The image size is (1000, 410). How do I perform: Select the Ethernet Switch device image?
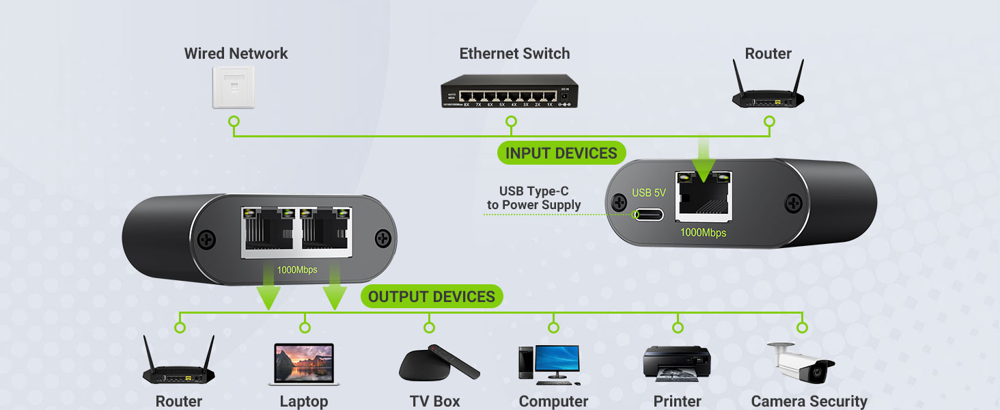click(509, 92)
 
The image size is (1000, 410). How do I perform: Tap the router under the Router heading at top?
click(768, 90)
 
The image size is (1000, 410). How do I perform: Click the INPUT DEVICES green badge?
click(561, 153)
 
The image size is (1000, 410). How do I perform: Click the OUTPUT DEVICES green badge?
click(431, 297)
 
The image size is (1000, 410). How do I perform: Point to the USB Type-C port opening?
click(649, 214)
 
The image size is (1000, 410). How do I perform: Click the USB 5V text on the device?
click(648, 193)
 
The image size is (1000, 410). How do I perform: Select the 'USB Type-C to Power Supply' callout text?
click(533, 198)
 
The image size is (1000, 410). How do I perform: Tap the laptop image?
click(304, 364)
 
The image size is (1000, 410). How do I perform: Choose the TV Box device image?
click(438, 364)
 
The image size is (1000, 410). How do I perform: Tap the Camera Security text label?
click(809, 401)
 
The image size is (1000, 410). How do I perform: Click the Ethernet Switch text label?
click(514, 53)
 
